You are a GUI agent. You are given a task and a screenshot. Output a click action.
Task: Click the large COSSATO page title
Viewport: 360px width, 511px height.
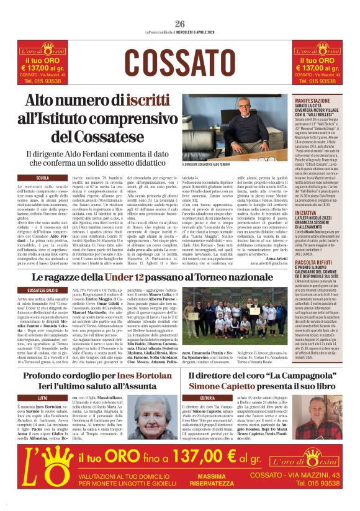pos(180,63)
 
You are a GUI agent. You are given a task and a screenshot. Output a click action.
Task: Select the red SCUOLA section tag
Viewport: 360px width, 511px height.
pos(43,178)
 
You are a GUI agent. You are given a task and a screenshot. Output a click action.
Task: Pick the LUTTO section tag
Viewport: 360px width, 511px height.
pos(42,397)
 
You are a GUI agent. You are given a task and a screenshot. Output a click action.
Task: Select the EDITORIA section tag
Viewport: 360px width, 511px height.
pos(207,397)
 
